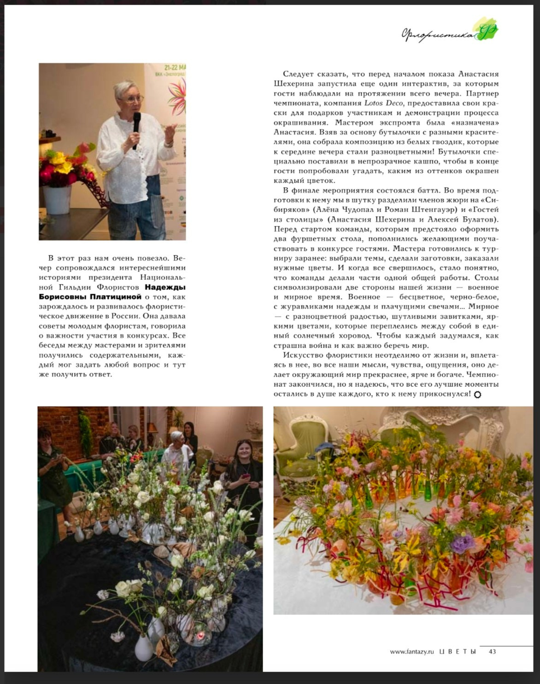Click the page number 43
click(492, 651)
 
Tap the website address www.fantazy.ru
click(412, 651)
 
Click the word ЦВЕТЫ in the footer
click(458, 651)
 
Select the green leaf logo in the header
click(487, 31)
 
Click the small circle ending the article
click(477, 395)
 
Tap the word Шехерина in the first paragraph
click(294, 84)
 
